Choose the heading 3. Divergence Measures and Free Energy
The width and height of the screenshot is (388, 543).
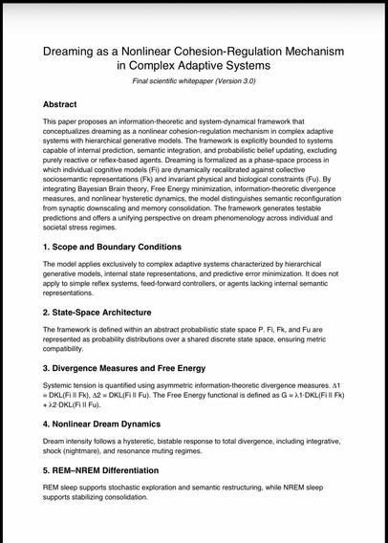[x=124, y=367]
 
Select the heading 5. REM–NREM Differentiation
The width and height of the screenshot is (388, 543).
[x=106, y=470]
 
